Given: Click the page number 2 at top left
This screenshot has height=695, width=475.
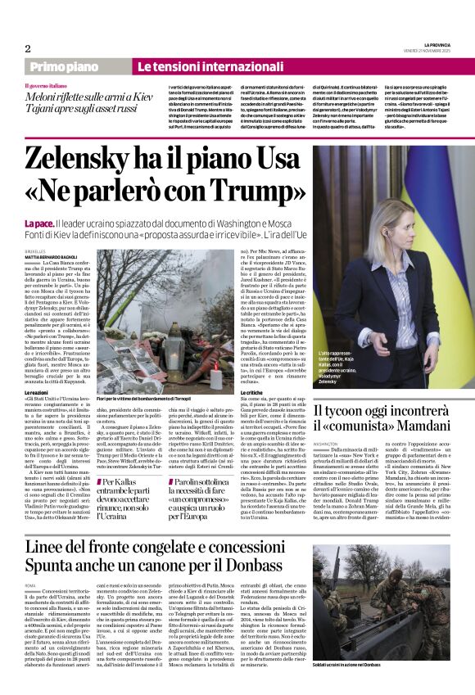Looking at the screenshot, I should coord(28,48).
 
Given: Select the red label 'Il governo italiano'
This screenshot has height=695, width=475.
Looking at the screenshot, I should coord(48,85).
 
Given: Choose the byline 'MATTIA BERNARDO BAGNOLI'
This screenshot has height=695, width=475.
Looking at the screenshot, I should coord(56,257).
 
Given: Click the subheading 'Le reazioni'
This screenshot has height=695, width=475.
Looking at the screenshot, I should coord(39,370).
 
